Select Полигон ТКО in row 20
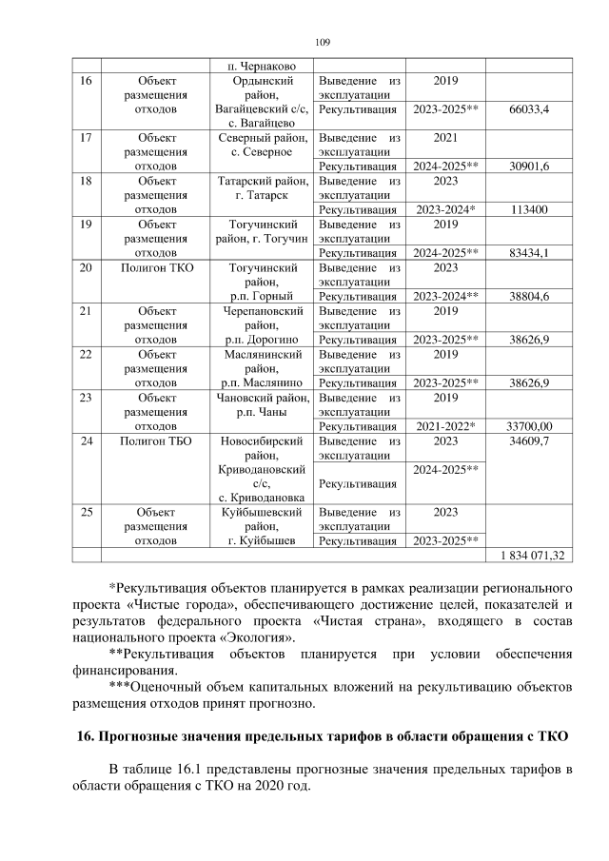(x=157, y=268)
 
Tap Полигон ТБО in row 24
(x=157, y=441)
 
